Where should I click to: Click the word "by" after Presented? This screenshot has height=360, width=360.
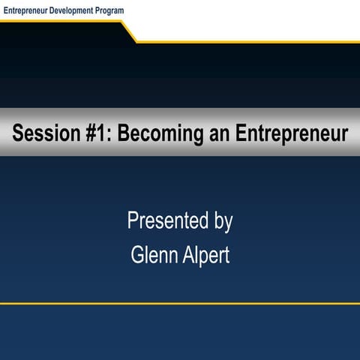[x=223, y=223]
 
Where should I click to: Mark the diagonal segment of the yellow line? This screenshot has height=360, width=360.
[x=128, y=31]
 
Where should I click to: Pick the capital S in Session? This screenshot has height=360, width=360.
[x=18, y=133]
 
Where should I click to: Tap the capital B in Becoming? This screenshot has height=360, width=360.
[x=124, y=133]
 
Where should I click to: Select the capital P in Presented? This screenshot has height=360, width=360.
[x=133, y=221]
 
